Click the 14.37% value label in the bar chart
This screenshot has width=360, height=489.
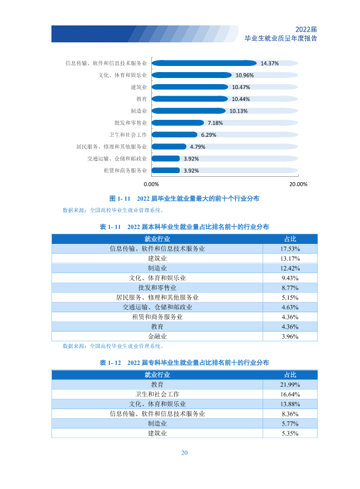[x=269, y=64]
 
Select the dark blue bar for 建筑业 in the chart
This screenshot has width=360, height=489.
[x=190, y=87]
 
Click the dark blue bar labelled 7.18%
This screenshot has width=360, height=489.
[x=178, y=123]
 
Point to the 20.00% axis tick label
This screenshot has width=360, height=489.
[x=298, y=185]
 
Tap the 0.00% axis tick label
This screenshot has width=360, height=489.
[x=151, y=185]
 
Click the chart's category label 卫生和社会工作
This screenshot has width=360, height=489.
[x=128, y=135]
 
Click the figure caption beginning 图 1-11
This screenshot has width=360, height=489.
[x=184, y=199]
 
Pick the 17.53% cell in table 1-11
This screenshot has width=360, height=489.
[x=290, y=249]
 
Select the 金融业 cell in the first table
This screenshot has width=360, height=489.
[x=157, y=336]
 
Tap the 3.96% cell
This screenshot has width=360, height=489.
[x=290, y=336]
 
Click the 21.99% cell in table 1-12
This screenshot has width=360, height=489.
[x=290, y=385]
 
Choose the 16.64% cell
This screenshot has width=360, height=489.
[x=290, y=395]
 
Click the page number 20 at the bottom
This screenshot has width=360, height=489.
[x=185, y=453]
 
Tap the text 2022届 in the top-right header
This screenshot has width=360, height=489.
[x=306, y=30]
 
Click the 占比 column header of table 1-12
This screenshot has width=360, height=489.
[x=290, y=375]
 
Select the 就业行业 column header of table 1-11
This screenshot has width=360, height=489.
[x=157, y=239]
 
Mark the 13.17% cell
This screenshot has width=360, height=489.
[x=290, y=258]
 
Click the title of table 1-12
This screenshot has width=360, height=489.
[x=184, y=363]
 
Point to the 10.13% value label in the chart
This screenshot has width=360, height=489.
[x=238, y=111]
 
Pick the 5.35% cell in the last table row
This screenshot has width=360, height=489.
[x=290, y=433]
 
